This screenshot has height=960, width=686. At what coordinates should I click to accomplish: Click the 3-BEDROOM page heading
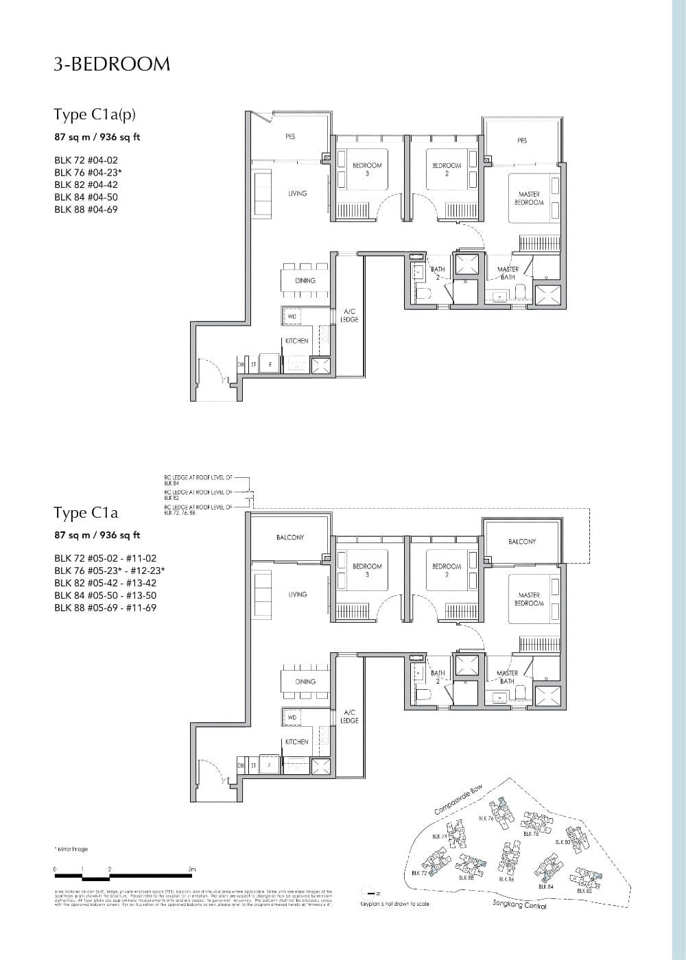click(x=112, y=64)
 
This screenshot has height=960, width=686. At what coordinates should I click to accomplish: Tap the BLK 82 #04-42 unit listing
click(x=86, y=184)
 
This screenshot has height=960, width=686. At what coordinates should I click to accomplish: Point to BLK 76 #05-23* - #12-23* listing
click(x=110, y=571)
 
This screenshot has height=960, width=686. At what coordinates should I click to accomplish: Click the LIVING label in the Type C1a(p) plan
click(x=297, y=194)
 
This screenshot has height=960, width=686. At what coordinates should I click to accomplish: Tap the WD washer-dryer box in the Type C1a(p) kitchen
click(x=292, y=316)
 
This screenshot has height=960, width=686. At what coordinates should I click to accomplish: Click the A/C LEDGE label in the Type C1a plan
click(x=349, y=717)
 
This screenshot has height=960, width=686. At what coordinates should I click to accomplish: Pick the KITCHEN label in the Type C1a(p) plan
click(x=297, y=341)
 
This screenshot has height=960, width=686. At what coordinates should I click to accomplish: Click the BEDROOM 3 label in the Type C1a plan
click(x=367, y=570)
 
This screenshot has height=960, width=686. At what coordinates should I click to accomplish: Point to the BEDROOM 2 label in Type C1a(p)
click(x=446, y=169)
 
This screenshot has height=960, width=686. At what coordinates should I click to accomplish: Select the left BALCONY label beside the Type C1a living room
click(x=290, y=538)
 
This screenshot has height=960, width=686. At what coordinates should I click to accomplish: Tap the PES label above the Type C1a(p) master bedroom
click(x=522, y=141)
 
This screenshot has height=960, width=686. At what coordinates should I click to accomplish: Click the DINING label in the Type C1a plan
click(x=305, y=682)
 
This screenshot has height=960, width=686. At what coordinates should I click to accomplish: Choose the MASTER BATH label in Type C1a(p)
click(x=508, y=273)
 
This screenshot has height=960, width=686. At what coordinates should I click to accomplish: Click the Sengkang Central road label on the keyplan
click(x=519, y=906)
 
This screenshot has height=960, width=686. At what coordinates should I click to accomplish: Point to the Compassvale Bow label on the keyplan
click(x=459, y=801)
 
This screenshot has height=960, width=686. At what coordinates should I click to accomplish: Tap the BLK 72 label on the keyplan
click(x=419, y=873)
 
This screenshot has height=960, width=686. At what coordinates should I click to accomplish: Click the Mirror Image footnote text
click(x=71, y=849)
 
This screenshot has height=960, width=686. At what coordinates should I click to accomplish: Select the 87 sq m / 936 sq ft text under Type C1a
click(x=97, y=535)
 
